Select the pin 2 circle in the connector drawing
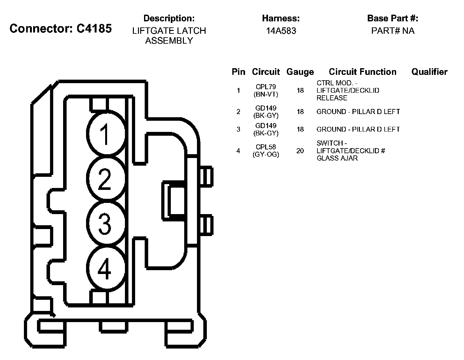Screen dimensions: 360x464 (x=105, y=179)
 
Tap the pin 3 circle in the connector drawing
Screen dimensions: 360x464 (x=105, y=224)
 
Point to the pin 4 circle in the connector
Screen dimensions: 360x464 (x=105, y=269)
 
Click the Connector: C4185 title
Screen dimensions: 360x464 (x=61, y=28)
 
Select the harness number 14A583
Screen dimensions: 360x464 (x=281, y=31)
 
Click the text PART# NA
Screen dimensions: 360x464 (x=393, y=31)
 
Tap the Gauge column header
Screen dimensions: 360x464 (x=300, y=72)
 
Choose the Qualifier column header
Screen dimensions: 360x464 (x=429, y=72)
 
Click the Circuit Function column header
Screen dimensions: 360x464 (x=362, y=72)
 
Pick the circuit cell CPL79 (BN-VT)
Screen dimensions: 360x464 (x=266, y=90)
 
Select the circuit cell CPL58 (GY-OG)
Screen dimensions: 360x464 (x=266, y=151)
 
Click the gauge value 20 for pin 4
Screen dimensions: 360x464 (x=300, y=151)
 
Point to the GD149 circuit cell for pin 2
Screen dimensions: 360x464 (x=266, y=112)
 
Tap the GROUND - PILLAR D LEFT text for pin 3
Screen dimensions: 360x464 (x=358, y=129)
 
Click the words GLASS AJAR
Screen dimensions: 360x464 (x=337, y=158)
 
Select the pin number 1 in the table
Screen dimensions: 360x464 (x=238, y=90)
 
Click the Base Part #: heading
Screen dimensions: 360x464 (x=393, y=18)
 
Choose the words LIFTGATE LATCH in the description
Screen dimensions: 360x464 (x=169, y=31)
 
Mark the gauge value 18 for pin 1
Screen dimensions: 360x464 (x=300, y=90)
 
